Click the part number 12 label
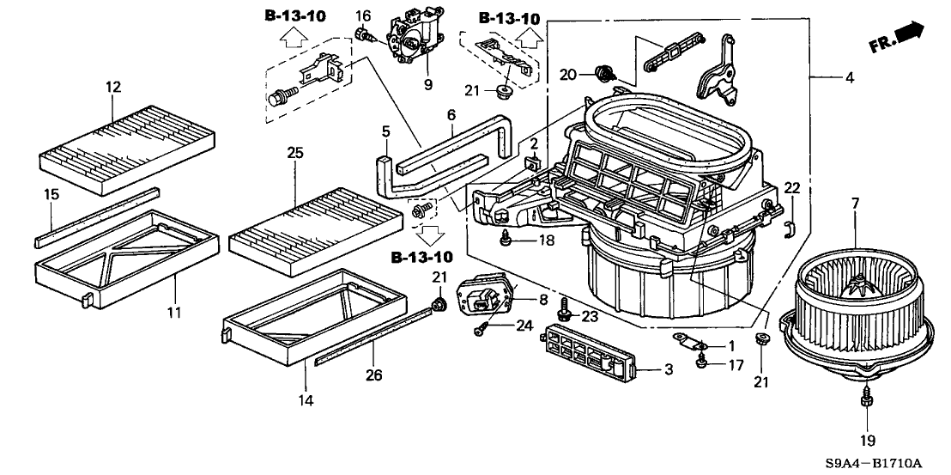[x=114, y=87]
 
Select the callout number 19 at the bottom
[x=867, y=441]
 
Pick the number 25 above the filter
[x=295, y=153]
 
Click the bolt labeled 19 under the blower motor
[x=866, y=399]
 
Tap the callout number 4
[x=849, y=78]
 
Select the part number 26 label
[x=374, y=375]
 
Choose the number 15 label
[x=51, y=195]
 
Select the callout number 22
[x=791, y=188]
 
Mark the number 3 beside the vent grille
[x=669, y=369]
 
